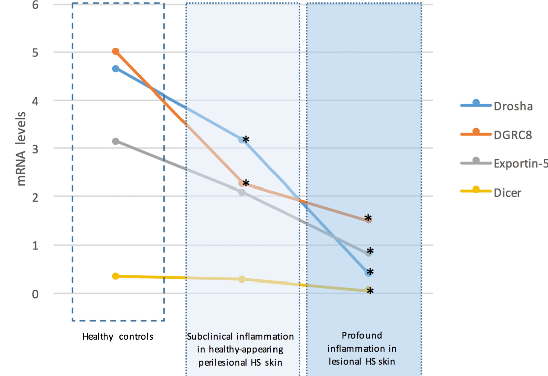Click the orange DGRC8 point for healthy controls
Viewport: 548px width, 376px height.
pos(116,52)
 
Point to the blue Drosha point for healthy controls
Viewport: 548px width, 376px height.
pos(116,69)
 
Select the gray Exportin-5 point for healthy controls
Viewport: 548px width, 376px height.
pos(116,141)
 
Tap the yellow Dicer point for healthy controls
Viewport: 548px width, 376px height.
pos(116,276)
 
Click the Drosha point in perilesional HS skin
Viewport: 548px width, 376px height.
pos(242,140)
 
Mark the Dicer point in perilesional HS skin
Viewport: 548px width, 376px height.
pos(242,279)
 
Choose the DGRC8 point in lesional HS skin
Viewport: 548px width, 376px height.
pos(368,220)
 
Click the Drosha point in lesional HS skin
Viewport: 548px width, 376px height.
pos(369,273)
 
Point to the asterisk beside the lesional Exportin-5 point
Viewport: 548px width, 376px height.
pos(370,251)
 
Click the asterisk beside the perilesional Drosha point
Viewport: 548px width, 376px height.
pos(246,140)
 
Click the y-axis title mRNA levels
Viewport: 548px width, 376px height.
pos(22,149)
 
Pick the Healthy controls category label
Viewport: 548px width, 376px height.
pos(118,336)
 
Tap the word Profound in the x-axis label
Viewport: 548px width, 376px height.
pos(362,335)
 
